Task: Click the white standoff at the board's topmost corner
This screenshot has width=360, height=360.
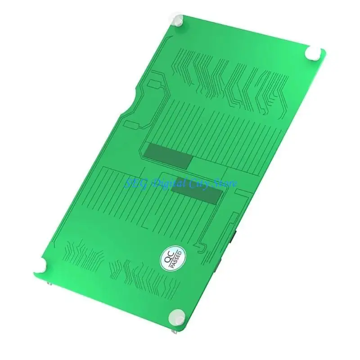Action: point(178,20)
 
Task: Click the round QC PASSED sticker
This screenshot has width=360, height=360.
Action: point(172,258)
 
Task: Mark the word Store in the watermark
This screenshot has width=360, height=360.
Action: point(225,183)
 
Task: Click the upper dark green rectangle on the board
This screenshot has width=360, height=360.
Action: point(168,156)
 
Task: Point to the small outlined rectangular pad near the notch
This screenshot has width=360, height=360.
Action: point(153,84)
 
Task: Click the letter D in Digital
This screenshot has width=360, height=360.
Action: point(157,182)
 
